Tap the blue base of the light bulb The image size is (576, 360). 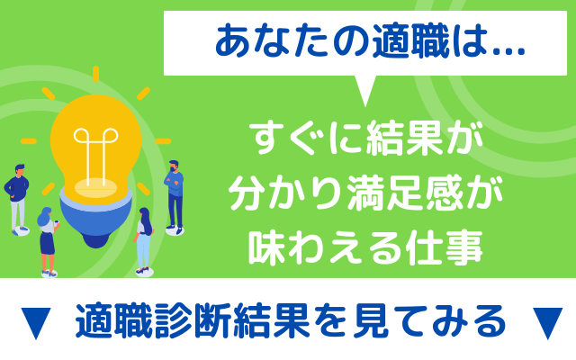click(96, 220)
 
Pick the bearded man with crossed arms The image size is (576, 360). click(174, 197)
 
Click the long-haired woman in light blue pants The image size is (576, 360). click(144, 241)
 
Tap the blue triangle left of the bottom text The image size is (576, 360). click(36, 322)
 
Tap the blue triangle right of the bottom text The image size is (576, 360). click(547, 322)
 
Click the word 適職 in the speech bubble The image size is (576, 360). click(410, 42)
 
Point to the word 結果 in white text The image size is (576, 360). click(404, 139)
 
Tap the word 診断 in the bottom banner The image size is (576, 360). click(193, 320)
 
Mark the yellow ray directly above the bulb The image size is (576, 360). click(96, 74)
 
